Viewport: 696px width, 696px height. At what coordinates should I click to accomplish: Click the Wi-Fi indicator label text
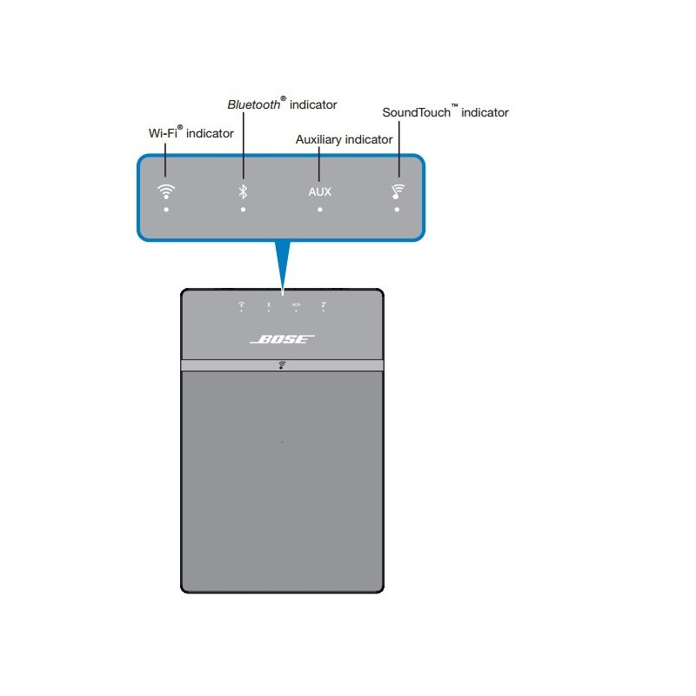pyautogui.click(x=191, y=133)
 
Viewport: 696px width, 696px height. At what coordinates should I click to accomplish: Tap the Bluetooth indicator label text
pyautogui.click(x=282, y=104)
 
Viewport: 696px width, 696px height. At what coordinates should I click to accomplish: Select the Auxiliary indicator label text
pyautogui.click(x=344, y=139)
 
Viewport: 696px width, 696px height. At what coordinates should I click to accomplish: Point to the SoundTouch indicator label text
pyautogui.click(x=445, y=112)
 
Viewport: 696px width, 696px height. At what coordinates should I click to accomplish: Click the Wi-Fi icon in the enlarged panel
pyautogui.click(x=165, y=191)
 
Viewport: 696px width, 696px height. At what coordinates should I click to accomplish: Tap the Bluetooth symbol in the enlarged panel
pyautogui.click(x=244, y=191)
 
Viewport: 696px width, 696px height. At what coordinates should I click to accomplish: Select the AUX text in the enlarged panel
pyautogui.click(x=319, y=191)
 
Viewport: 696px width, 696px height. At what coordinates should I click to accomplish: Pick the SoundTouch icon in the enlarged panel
pyautogui.click(x=397, y=191)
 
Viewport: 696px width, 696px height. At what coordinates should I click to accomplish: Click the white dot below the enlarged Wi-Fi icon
pyautogui.click(x=165, y=210)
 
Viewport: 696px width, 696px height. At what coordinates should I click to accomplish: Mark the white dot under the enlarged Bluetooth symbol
pyautogui.click(x=244, y=210)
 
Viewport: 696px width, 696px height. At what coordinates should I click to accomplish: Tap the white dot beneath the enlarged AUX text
pyautogui.click(x=319, y=210)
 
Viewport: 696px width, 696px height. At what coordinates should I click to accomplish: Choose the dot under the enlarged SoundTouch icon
pyautogui.click(x=397, y=210)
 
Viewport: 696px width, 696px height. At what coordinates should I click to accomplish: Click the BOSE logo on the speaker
pyautogui.click(x=282, y=339)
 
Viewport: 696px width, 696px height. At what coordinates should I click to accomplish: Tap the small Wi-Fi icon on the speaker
pyautogui.click(x=242, y=304)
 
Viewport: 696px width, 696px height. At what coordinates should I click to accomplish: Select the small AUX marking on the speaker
pyautogui.click(x=296, y=304)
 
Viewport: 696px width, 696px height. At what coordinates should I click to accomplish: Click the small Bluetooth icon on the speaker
pyautogui.click(x=269, y=304)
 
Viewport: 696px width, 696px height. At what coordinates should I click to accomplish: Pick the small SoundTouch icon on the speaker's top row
pyautogui.click(x=324, y=304)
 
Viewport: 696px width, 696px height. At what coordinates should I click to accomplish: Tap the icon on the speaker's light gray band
pyautogui.click(x=282, y=365)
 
